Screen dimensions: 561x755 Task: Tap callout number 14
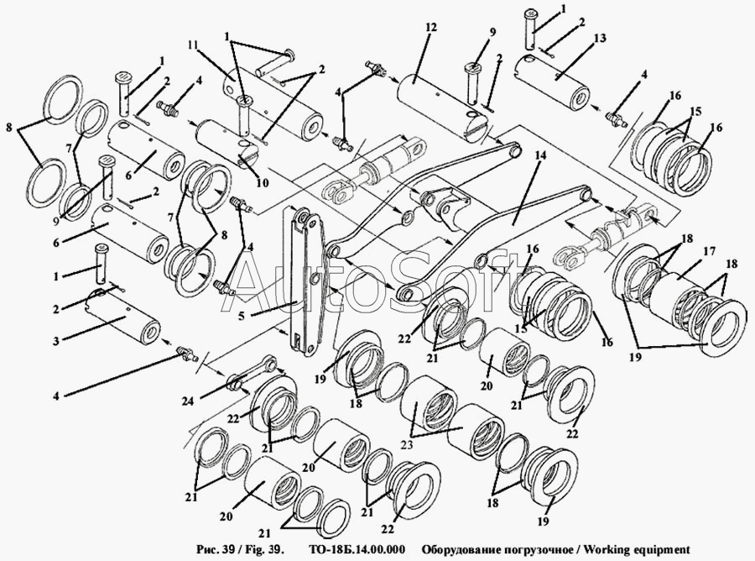[x=539, y=156]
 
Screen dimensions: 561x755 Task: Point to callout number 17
[x=708, y=249]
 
